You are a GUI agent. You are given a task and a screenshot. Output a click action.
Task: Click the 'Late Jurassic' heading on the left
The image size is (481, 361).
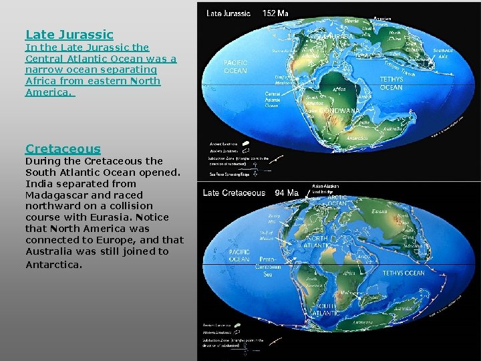(x=69, y=34)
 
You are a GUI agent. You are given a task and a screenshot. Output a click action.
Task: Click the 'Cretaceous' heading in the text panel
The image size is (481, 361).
(x=63, y=148)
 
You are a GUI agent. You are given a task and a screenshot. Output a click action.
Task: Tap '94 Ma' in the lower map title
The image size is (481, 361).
(x=287, y=193)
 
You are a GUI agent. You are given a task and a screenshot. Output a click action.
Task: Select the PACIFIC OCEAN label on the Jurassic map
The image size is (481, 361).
(x=235, y=66)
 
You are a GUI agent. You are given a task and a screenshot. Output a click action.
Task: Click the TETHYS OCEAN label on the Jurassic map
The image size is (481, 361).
(x=391, y=83)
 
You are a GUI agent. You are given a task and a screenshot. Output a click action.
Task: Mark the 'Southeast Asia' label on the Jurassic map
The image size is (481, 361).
(x=442, y=53)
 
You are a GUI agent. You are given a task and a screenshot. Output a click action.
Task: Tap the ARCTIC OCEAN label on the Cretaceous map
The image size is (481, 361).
(x=338, y=201)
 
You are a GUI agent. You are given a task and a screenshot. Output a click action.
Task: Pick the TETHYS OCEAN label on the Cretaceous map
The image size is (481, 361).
(x=403, y=273)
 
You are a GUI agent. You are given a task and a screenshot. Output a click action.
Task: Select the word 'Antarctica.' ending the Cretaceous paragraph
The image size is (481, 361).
(x=54, y=265)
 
